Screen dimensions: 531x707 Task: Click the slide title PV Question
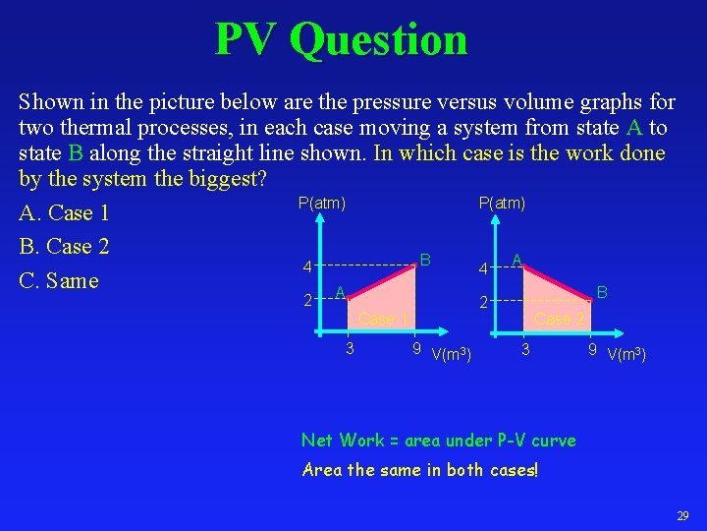point(341,39)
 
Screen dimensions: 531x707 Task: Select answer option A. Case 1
point(64,212)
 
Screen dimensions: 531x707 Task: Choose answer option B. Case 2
point(64,246)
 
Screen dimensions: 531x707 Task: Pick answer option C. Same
point(59,280)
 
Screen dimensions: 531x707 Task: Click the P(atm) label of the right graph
point(502,203)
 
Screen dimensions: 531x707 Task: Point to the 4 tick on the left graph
point(307,267)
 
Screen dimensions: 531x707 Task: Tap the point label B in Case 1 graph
point(425,260)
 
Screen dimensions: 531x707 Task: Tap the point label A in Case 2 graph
point(517,260)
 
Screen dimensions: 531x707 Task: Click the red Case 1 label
point(384,319)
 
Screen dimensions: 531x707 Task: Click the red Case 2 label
point(560,319)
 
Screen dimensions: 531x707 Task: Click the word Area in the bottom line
point(320,470)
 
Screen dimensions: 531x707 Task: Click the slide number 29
point(682,516)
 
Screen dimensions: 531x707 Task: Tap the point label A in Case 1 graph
point(339,292)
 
